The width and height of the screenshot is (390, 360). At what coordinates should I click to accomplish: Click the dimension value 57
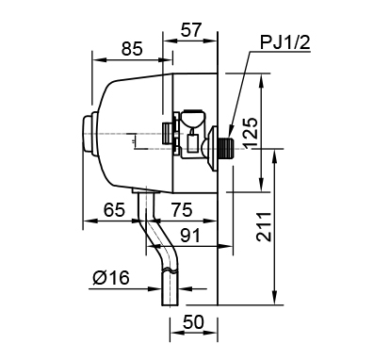pyautogui.click(x=190, y=30)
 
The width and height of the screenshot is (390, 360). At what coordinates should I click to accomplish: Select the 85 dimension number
pyautogui.click(x=132, y=49)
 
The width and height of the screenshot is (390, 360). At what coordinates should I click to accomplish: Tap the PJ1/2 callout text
pyautogui.click(x=285, y=42)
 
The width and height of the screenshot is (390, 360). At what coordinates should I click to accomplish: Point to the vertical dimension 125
pyautogui.click(x=251, y=132)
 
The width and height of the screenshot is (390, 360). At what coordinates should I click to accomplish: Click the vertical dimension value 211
pyautogui.click(x=264, y=226)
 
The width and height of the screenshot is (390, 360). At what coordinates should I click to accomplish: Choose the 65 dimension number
pyautogui.click(x=114, y=210)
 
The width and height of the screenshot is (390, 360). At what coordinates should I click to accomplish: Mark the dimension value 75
pyautogui.click(x=182, y=210)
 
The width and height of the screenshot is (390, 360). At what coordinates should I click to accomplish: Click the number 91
pyautogui.click(x=190, y=236)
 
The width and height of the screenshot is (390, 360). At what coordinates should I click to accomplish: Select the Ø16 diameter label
pyautogui.click(x=111, y=278)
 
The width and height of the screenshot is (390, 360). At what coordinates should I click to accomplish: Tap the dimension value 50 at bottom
pyautogui.click(x=193, y=321)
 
